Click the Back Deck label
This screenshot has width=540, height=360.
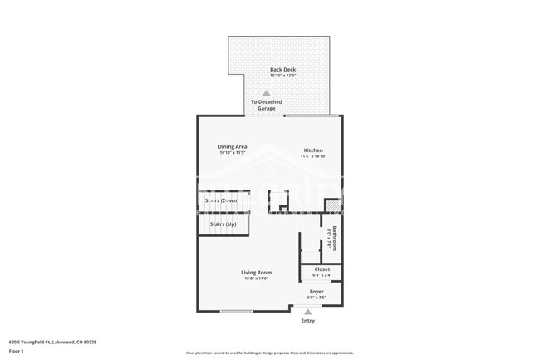coord(282,69)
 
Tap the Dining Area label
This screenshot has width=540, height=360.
coord(233,146)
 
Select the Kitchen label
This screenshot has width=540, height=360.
coord(312,150)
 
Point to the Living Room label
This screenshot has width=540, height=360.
coord(256,272)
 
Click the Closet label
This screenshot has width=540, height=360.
coord(322,269)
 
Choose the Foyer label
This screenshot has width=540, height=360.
coord(317,292)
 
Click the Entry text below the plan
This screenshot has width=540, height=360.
coord(308,321)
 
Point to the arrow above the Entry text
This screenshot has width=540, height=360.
coord(308,312)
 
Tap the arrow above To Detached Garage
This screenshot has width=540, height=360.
coord(267,93)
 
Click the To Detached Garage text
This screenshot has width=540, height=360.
coord(267,105)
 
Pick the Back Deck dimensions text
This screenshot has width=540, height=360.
coord(282,76)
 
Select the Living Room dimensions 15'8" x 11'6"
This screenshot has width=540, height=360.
coord(256,279)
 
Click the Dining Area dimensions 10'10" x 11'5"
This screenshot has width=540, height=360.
coord(233,153)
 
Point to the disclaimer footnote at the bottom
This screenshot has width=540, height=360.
coord(270,353)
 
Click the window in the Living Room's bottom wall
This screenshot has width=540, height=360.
coord(237,312)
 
